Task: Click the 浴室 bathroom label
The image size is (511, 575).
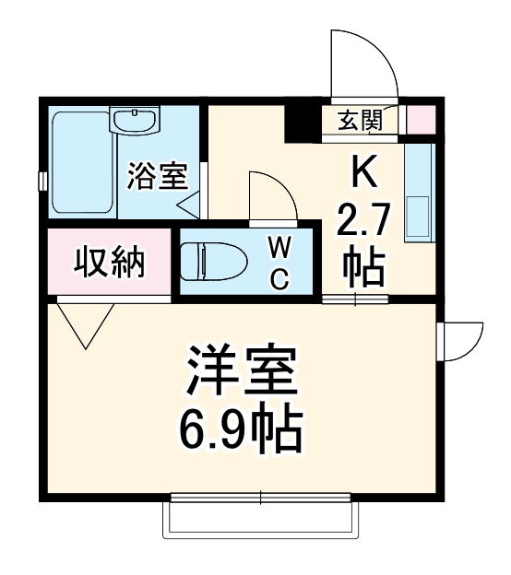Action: (158, 175)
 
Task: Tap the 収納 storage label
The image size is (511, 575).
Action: (110, 264)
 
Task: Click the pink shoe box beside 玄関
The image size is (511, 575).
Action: (420, 119)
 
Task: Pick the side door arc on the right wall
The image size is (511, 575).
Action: (461, 342)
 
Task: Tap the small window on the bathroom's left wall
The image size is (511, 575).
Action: (42, 180)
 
